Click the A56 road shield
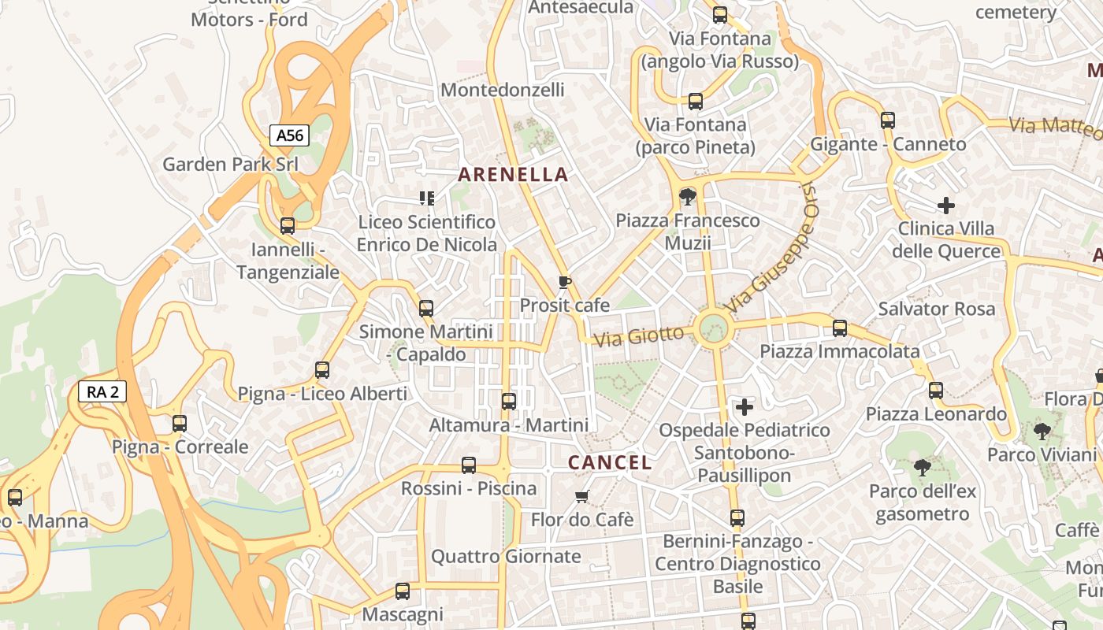tap(289, 135)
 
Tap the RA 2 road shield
tap(102, 391)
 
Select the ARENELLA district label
tap(513, 174)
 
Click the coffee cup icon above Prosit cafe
tap(564, 282)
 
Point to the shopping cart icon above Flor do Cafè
tap(582, 496)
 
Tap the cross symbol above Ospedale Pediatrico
tap(744, 406)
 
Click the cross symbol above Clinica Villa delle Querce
tap(946, 206)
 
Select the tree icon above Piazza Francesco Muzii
tap(687, 196)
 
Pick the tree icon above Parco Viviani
tap(1042, 431)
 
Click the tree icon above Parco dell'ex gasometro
tap(922, 468)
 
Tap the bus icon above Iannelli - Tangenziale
tap(288, 226)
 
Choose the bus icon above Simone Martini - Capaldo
tap(426, 308)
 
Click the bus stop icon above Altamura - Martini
tap(509, 401)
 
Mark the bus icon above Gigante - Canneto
tap(888, 120)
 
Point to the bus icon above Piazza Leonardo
tap(936, 390)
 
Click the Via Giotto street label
tap(639, 336)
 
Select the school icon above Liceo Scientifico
tap(427, 198)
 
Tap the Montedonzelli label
tap(503, 90)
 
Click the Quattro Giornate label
tap(506, 557)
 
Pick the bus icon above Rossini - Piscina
tap(469, 465)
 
